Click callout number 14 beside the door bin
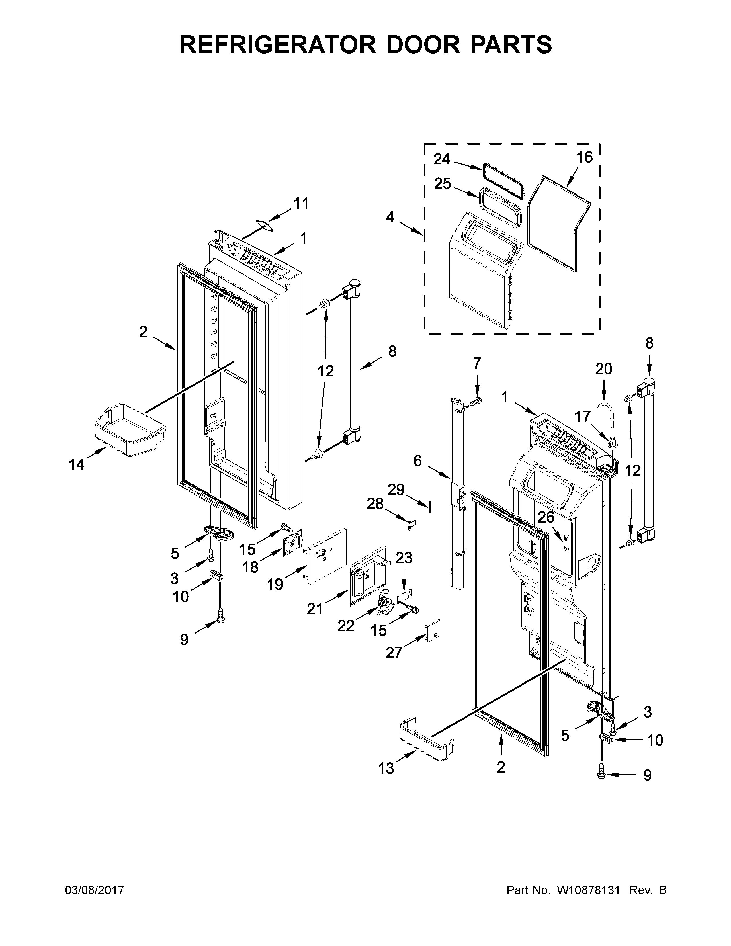pyautogui.click(x=77, y=465)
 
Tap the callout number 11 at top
pyautogui.click(x=301, y=203)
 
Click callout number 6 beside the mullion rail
pyautogui.click(x=417, y=461)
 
